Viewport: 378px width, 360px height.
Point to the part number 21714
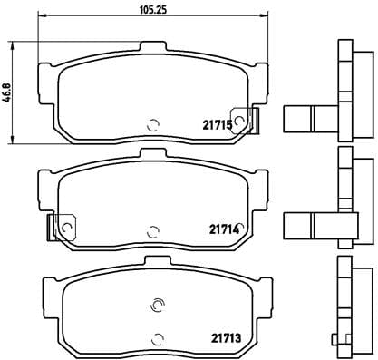(224, 230)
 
